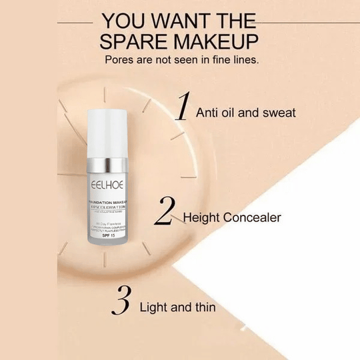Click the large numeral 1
click(181, 109)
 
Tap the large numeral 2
click(164, 212)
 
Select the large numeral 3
click(121, 301)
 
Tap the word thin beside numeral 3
click(203, 307)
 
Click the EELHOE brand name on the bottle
click(105, 180)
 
